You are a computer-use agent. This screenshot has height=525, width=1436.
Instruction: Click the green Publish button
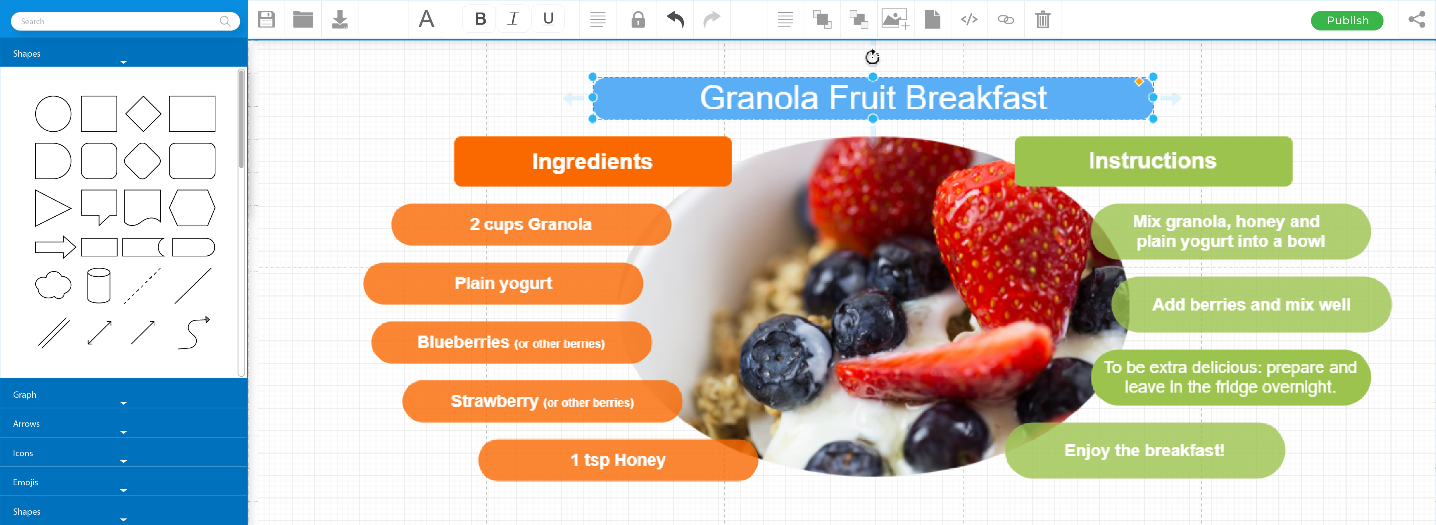click(x=1347, y=21)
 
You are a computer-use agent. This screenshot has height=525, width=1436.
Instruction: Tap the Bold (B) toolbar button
click(x=480, y=19)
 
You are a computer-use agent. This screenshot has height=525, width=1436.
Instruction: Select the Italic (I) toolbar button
click(x=513, y=19)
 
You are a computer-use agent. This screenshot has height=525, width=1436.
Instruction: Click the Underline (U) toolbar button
click(x=548, y=19)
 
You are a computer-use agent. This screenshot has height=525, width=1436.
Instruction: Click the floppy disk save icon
click(x=267, y=19)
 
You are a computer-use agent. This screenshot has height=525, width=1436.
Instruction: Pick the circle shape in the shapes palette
click(x=53, y=114)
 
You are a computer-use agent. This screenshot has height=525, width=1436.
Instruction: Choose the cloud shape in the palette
click(x=53, y=285)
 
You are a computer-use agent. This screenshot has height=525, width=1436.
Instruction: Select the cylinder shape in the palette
click(x=99, y=285)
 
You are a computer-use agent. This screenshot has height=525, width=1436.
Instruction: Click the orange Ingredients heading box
click(x=593, y=161)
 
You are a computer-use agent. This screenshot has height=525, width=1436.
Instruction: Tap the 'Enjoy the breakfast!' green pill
click(x=1144, y=450)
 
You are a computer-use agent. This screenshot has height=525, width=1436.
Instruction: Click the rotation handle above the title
click(x=872, y=57)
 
